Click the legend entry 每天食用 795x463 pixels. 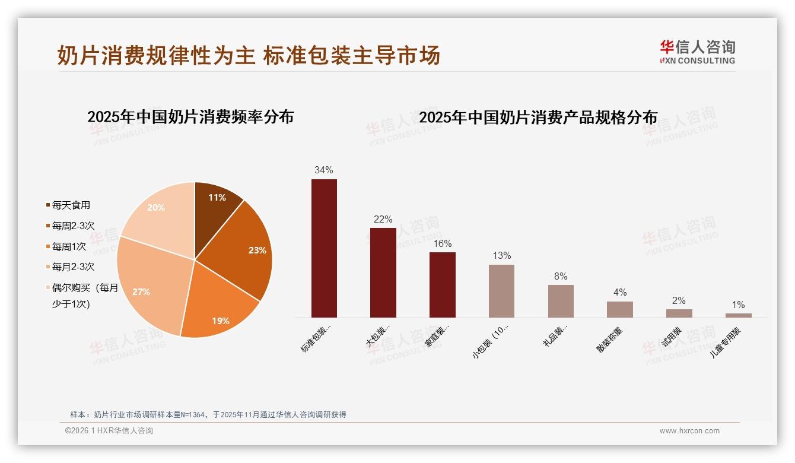[x=71, y=205]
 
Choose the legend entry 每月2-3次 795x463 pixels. [x=72, y=267]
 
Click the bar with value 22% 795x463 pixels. [x=383, y=273]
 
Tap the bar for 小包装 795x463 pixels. [x=501, y=291]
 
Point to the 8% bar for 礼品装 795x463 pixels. [x=561, y=301]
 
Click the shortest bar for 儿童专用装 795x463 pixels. [x=738, y=315]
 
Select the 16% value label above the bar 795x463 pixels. [x=443, y=243]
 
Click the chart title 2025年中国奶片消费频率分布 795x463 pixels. [x=190, y=117]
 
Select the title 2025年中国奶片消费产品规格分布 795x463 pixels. [x=538, y=118]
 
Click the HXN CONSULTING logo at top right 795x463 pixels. [x=697, y=52]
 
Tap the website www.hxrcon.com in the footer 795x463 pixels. [x=689, y=431]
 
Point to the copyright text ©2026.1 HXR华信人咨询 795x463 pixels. [x=109, y=431]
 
